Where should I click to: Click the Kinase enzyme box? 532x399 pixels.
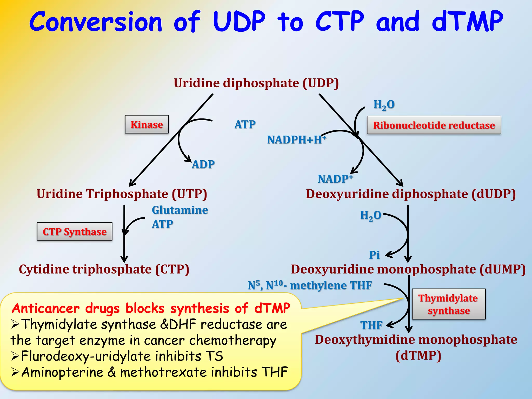147,124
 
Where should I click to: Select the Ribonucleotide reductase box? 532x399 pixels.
434,125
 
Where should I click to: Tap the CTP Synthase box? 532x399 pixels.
75,231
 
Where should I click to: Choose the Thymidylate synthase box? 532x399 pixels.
449,304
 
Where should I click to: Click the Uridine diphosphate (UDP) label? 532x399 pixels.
256,83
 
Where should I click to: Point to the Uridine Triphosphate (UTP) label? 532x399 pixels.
122,194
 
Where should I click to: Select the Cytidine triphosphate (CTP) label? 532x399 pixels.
104,269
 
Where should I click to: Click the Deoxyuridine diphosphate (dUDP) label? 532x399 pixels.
411,194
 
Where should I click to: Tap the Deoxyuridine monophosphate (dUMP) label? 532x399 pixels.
408,269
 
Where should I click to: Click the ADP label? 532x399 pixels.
203,164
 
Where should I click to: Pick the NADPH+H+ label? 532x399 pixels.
296,139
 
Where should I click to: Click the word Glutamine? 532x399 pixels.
180,210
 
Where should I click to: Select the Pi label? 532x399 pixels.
374,255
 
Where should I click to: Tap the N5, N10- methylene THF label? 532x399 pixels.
310,285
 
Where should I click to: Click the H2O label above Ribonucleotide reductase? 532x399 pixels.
384,105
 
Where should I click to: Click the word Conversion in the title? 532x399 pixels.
96,22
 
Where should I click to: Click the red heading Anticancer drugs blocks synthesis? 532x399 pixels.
151,308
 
